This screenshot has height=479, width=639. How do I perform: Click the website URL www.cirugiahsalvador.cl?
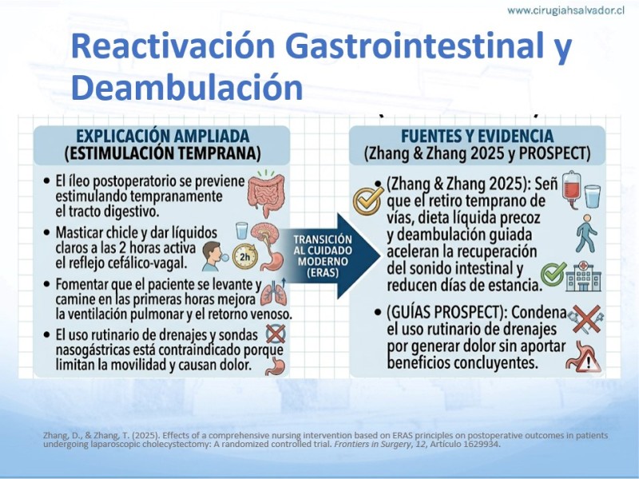click(x=566, y=10)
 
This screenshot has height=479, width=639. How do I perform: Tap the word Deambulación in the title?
click(x=187, y=88)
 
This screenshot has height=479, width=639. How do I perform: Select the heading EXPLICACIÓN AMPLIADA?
click(x=163, y=136)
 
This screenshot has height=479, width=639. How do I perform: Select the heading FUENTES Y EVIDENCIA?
click(x=477, y=136)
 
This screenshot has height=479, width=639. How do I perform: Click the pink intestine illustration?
click(x=266, y=193)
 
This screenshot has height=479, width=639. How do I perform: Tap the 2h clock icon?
click(x=245, y=256)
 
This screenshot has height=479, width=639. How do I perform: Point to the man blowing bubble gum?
click(x=212, y=256)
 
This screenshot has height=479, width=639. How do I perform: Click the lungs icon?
click(x=273, y=293)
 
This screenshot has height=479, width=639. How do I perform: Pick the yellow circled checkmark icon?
click(x=367, y=201)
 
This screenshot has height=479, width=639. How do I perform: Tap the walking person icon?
click(x=586, y=233)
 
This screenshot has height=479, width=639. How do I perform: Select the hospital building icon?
click(x=584, y=276)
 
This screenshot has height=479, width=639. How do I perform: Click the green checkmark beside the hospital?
click(x=554, y=273)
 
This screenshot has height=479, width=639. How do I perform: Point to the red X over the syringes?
click(x=586, y=319)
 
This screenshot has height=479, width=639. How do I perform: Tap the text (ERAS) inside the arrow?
click(x=323, y=272)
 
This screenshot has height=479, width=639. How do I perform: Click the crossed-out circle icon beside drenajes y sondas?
click(x=276, y=334)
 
